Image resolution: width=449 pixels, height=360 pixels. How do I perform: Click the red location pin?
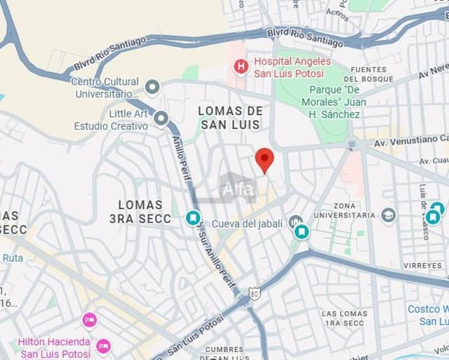pyautogui.click(x=264, y=159)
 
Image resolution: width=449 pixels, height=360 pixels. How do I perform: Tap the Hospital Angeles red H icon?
pyautogui.click(x=241, y=67)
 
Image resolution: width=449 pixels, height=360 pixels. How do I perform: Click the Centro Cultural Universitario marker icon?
pyautogui.click(x=152, y=88)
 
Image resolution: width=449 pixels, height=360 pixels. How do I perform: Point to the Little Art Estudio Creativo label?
pyautogui.click(x=112, y=120)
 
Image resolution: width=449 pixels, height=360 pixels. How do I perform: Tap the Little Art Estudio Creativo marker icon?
pyautogui.click(x=161, y=119)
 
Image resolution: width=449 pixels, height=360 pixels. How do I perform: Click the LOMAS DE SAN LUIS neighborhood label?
pyautogui.click(x=230, y=118)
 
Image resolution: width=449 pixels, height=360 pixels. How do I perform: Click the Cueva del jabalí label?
pyautogui.click(x=247, y=223)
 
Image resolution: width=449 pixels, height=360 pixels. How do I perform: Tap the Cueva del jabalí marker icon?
pyautogui.click(x=296, y=222)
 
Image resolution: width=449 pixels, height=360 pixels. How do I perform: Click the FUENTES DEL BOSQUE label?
pyautogui.click(x=368, y=74)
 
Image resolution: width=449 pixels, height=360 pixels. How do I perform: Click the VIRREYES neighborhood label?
pyautogui.click(x=423, y=266)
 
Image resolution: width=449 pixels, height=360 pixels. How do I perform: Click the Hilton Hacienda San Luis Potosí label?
pyautogui.click(x=54, y=347)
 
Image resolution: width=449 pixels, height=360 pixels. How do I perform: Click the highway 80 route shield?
pyautogui.click(x=254, y=293)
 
